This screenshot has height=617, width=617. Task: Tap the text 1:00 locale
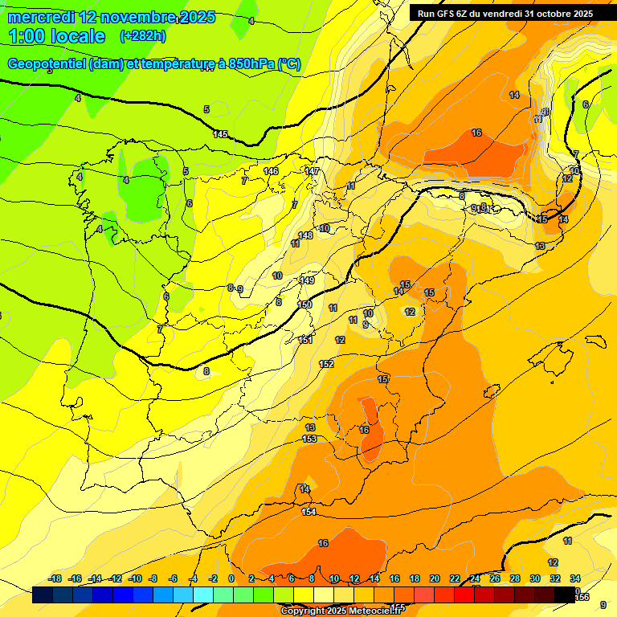tap(57, 36)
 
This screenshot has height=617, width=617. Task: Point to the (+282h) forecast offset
tap(142, 36)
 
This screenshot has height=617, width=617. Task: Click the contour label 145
tap(221, 134)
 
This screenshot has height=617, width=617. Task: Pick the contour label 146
tap(271, 171)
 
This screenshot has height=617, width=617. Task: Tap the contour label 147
tap(312, 171)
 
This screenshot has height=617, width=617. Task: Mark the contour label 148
tap(305, 235)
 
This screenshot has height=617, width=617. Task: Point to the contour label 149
tap(307, 280)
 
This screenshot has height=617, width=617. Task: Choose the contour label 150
tap(305, 304)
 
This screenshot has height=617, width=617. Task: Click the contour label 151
tap(305, 340)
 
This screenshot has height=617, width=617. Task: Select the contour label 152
tap(326, 364)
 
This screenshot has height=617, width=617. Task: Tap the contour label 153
tap(309, 439)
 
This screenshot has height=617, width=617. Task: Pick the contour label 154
tap(308, 512)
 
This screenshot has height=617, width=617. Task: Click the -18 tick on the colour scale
tap(55, 578)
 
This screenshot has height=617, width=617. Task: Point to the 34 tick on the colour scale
tap(575, 578)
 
